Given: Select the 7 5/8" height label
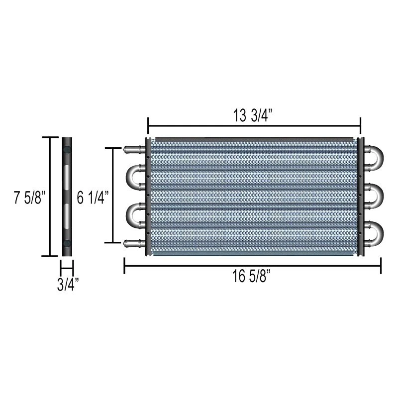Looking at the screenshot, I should point(29,198).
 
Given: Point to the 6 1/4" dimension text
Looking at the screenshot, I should point(93,198).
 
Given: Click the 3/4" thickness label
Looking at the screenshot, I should point(67,285).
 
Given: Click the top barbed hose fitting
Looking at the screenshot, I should point(133,148).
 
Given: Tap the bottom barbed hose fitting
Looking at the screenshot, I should point(133,243).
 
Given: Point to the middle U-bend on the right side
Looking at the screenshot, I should point(376,195).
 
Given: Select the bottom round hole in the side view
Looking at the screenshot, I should point(67,244).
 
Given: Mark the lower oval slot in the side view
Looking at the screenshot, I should point(67,216).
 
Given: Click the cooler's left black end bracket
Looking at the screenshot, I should point(148,197).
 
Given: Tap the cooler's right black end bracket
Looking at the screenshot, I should point(361,197).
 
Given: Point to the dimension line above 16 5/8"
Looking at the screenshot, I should point(252,266).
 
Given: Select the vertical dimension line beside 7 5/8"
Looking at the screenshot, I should point(50,197).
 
